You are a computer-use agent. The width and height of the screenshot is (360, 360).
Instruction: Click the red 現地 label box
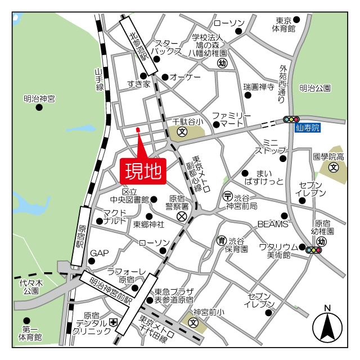(142, 170)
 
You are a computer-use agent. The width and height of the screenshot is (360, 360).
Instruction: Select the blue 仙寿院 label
(307, 128)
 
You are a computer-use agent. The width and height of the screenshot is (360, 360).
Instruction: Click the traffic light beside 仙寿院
(291, 119)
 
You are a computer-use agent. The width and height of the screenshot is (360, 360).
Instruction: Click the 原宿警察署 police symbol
(182, 216)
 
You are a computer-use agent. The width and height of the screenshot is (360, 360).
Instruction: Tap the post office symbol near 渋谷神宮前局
(227, 196)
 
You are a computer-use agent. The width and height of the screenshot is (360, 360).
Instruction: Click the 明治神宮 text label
(39, 98)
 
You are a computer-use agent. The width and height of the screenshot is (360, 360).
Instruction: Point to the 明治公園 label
(315, 88)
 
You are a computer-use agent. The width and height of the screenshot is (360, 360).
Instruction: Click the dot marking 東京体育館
(296, 20)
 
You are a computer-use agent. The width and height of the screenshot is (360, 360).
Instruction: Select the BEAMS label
(273, 224)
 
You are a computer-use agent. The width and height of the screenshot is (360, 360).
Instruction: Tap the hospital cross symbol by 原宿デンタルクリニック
(114, 323)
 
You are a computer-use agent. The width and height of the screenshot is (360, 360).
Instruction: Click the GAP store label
(99, 253)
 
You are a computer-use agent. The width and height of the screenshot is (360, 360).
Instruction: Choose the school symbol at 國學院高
(334, 167)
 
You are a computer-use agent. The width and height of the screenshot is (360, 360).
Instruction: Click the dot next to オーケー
(165, 77)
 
